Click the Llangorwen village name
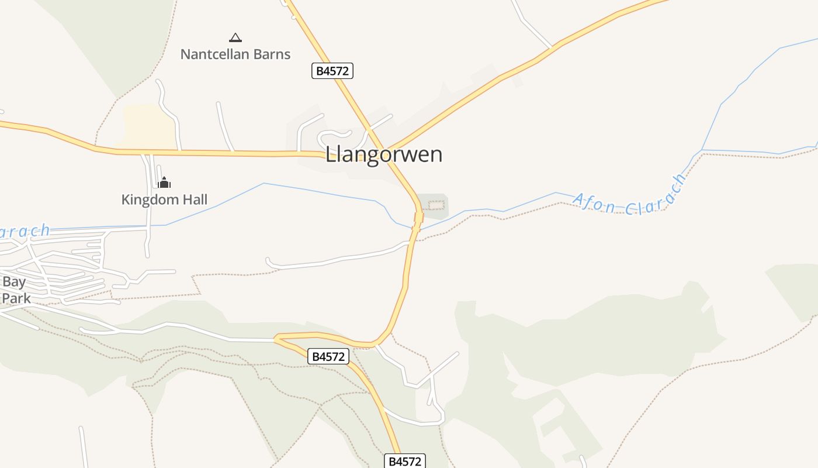pos(384,154)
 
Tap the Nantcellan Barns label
pos(235,54)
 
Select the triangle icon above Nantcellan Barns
pos(235,38)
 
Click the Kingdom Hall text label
pos(164,199)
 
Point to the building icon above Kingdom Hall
pos(164,183)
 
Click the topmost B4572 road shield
pos(332,71)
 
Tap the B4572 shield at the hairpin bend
pos(328,356)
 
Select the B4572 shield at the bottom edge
pos(405,461)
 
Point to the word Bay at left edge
pos(14,282)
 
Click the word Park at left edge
pos(16,298)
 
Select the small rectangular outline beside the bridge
pos(436,205)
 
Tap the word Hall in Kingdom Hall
pos(193,199)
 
